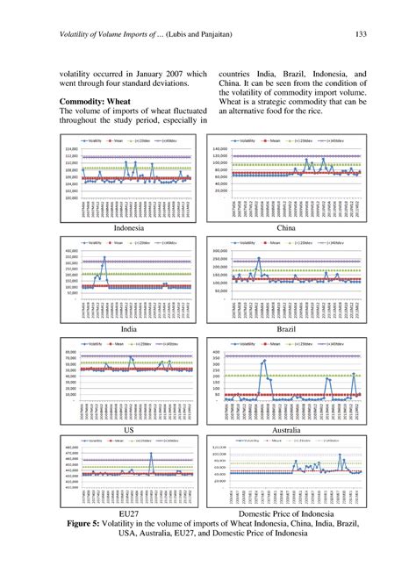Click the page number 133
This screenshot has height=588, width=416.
tap(359, 34)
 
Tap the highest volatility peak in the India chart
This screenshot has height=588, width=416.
tap(104, 257)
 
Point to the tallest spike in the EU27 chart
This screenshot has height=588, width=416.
tap(151, 454)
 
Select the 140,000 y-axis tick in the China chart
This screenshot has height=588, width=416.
tap(219, 149)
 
